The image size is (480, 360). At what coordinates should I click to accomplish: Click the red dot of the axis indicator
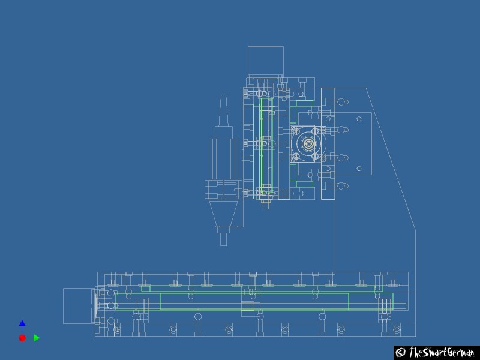click(22, 338)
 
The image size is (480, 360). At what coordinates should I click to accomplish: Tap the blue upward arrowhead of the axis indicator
click(22, 323)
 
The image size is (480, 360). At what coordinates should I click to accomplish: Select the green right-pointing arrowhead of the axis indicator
click(37, 338)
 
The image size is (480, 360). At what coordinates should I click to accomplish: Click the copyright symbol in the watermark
click(401, 352)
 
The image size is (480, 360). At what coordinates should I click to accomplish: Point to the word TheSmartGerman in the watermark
click(442, 352)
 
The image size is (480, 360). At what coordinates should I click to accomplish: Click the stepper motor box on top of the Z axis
click(266, 61)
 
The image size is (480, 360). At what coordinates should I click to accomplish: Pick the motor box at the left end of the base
click(79, 306)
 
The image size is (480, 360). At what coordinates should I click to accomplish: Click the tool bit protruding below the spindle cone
click(223, 239)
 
